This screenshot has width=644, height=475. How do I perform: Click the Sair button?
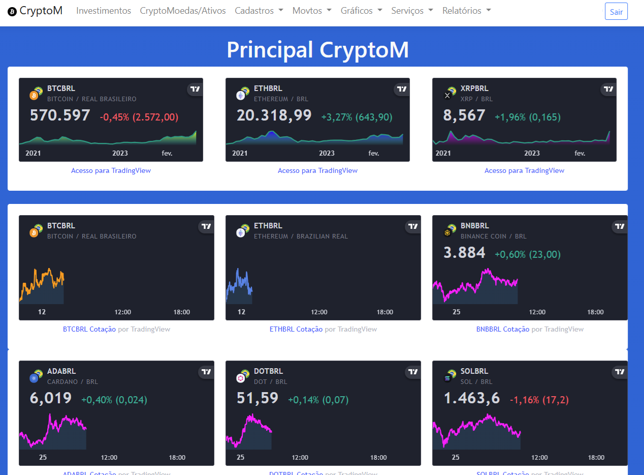(616, 12)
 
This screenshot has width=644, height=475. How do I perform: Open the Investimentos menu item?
(104, 11)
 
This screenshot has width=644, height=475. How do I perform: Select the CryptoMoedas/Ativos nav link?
(183, 11)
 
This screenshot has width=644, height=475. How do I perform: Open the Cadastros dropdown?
(259, 11)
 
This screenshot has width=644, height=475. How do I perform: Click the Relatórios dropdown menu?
(467, 11)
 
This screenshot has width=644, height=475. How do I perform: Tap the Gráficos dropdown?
(361, 11)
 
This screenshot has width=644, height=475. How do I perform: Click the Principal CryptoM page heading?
(317, 50)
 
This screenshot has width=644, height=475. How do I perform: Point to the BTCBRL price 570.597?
(60, 115)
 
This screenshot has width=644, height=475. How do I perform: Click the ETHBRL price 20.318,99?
(274, 115)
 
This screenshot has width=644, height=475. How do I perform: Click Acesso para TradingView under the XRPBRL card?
(524, 171)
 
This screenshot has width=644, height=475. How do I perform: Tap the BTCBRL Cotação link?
(89, 330)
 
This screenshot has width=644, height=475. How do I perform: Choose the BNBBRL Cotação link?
(503, 330)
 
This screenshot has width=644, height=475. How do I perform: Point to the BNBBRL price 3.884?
(464, 253)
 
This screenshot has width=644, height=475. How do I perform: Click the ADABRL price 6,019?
(51, 398)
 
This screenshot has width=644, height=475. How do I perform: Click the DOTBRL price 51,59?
(257, 398)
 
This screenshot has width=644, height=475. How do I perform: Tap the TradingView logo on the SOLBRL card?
(620, 372)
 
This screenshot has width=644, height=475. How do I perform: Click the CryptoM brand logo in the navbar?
(35, 11)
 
